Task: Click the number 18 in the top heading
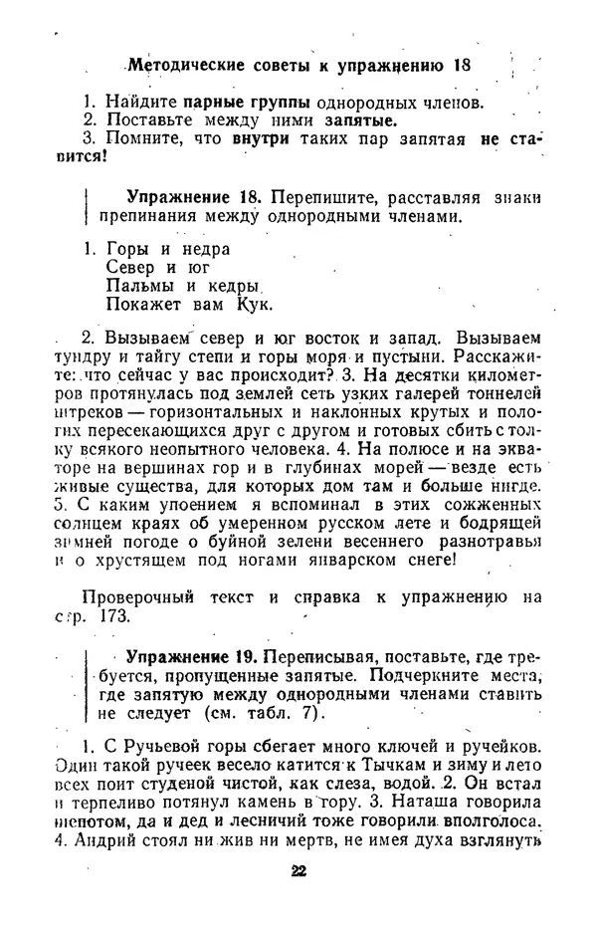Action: pos(461,65)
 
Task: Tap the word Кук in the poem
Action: pos(255,304)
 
